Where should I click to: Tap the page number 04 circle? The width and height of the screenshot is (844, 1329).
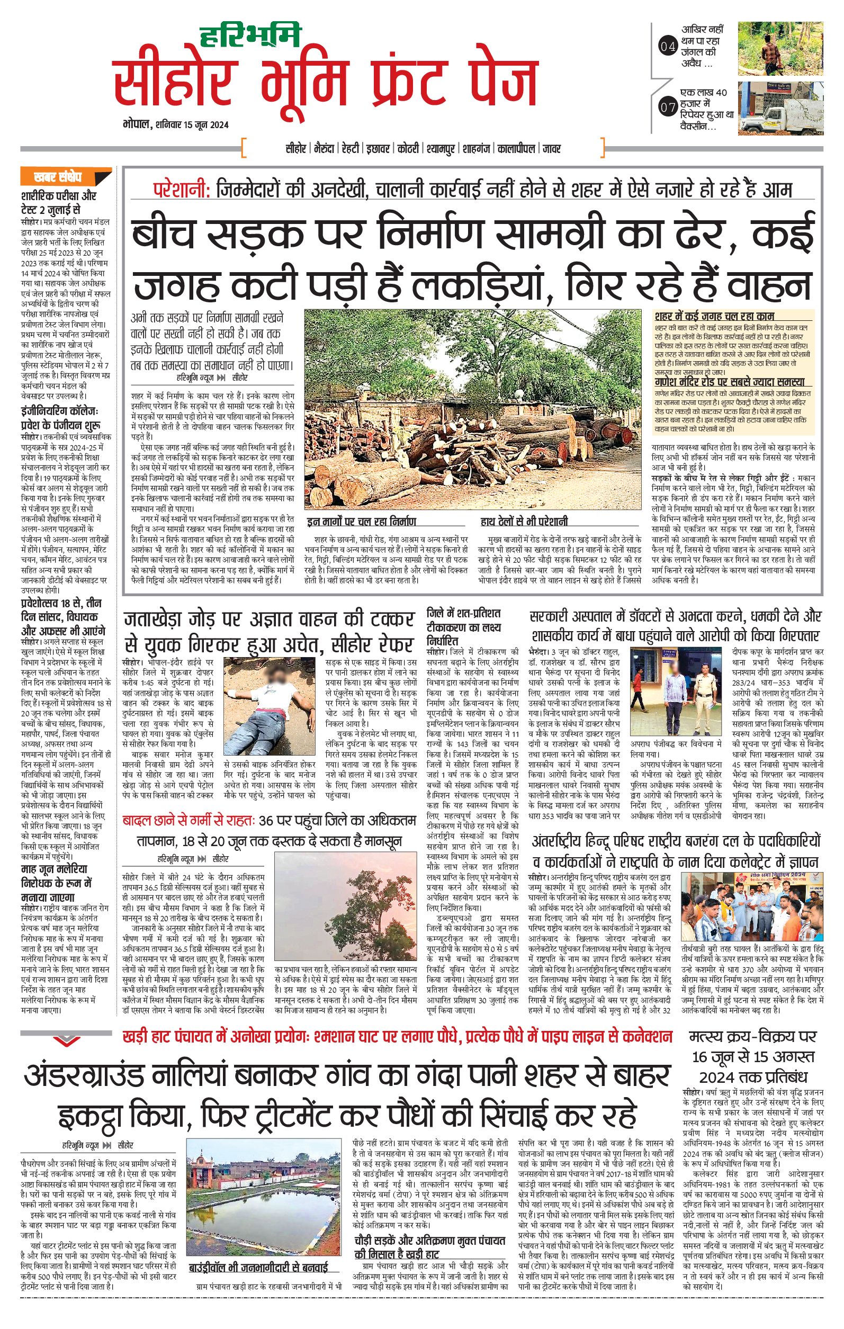pos(667,47)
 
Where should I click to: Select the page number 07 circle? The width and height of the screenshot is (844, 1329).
pos(667,108)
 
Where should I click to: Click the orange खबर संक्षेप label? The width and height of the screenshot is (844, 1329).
pos(57,178)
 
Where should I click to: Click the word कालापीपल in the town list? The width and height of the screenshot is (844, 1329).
pos(516,149)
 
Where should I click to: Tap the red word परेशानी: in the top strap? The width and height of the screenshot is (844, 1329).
pos(182,191)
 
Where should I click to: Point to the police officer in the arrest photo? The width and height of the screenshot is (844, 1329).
pos(701,698)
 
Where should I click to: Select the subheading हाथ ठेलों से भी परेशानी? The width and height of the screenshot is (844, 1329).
pos(524,522)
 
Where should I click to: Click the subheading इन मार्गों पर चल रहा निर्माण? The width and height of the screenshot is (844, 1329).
pos(362,522)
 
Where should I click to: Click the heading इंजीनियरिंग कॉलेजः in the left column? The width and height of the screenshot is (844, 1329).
pos(59,411)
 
